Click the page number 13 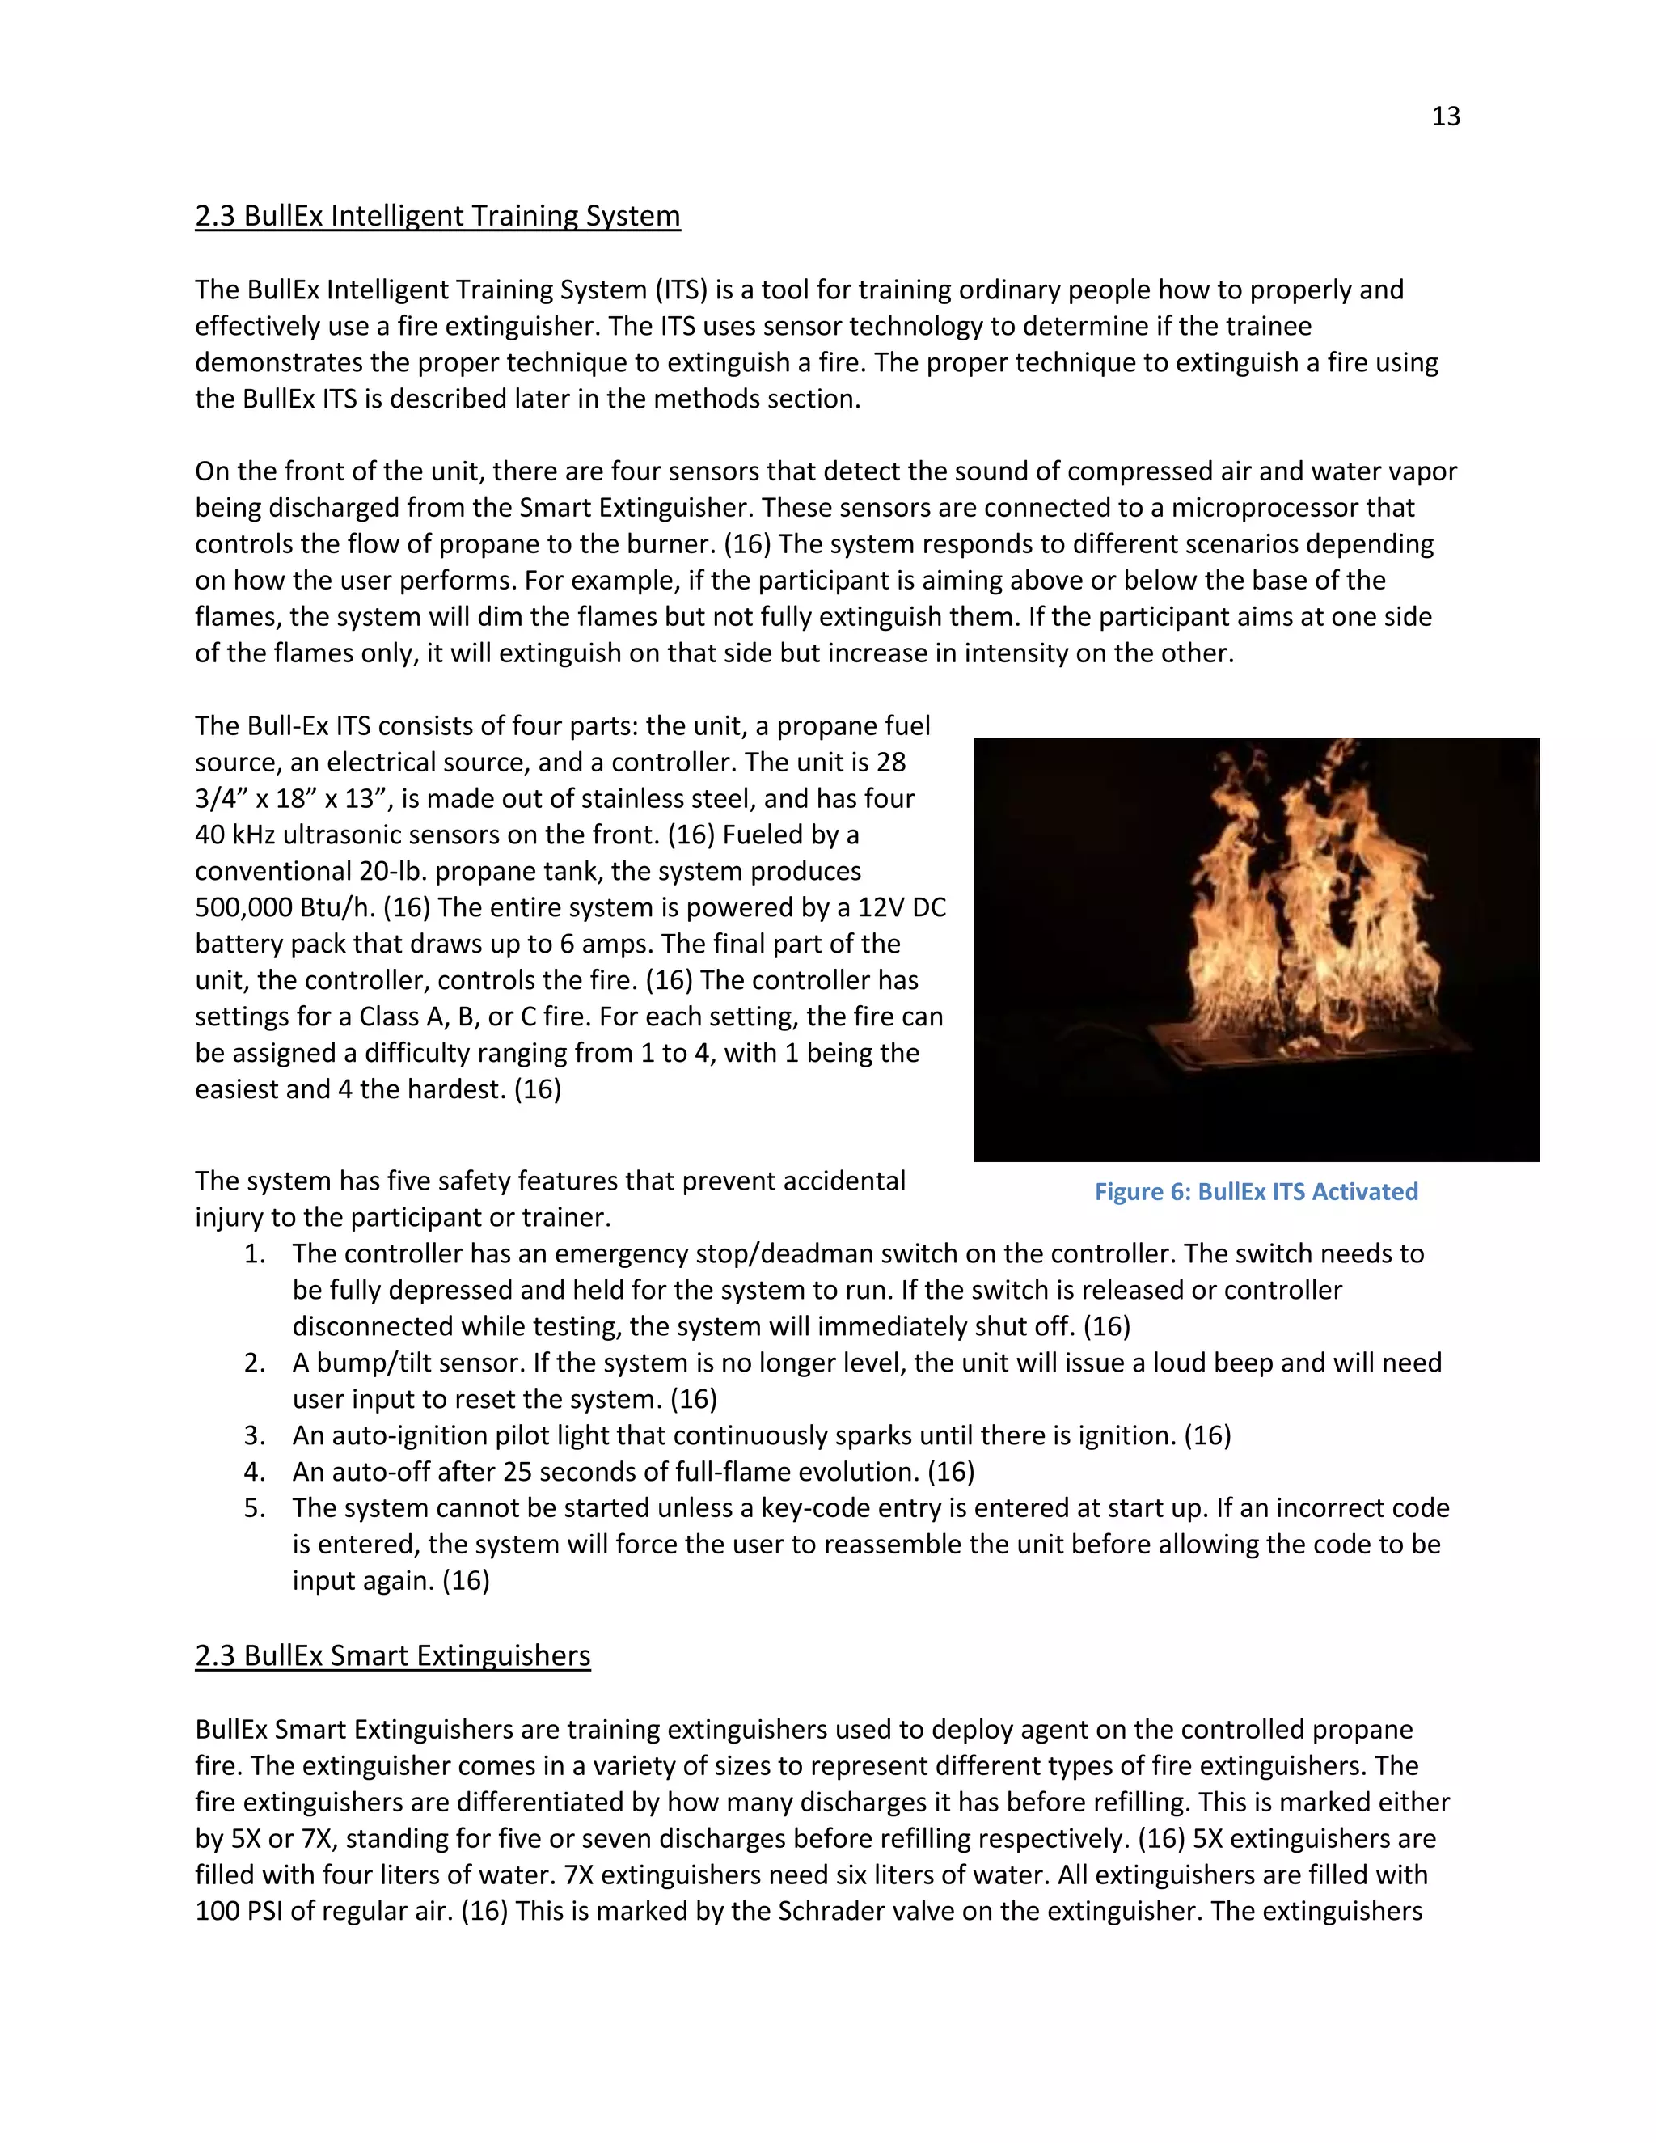tap(1445, 116)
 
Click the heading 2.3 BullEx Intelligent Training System tap(437, 216)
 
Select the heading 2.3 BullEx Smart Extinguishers tap(392, 1655)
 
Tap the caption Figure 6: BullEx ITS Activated tap(1256, 1191)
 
